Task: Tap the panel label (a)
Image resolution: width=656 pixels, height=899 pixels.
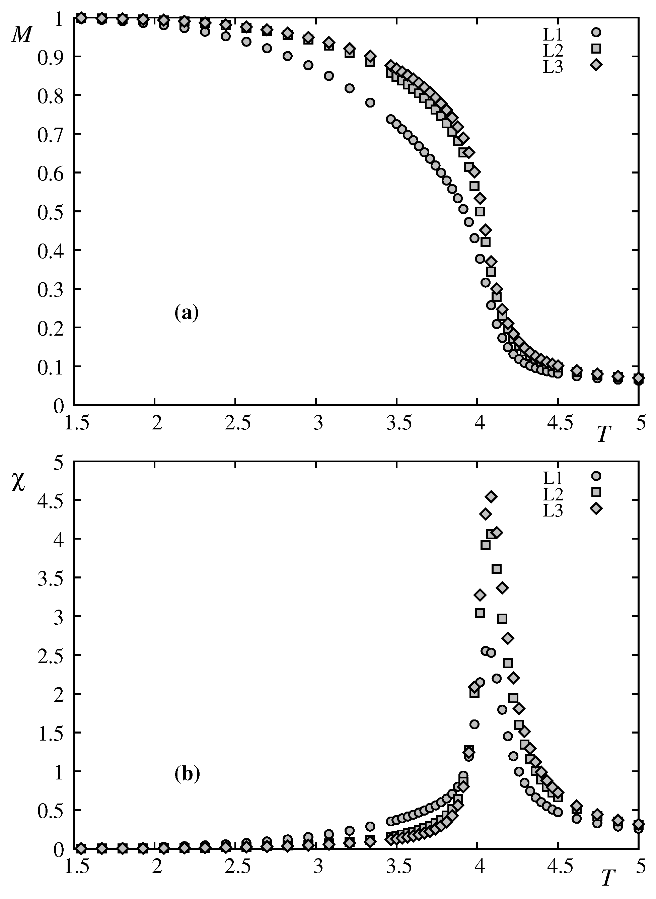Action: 186,313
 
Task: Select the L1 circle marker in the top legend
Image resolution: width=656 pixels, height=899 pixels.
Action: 596,32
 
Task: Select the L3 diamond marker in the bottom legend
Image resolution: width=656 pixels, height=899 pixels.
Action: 596,509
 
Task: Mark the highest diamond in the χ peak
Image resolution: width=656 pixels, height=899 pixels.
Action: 491,496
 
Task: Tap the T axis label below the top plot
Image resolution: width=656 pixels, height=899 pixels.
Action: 603,434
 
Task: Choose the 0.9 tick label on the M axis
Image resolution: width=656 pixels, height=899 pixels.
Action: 50,56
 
